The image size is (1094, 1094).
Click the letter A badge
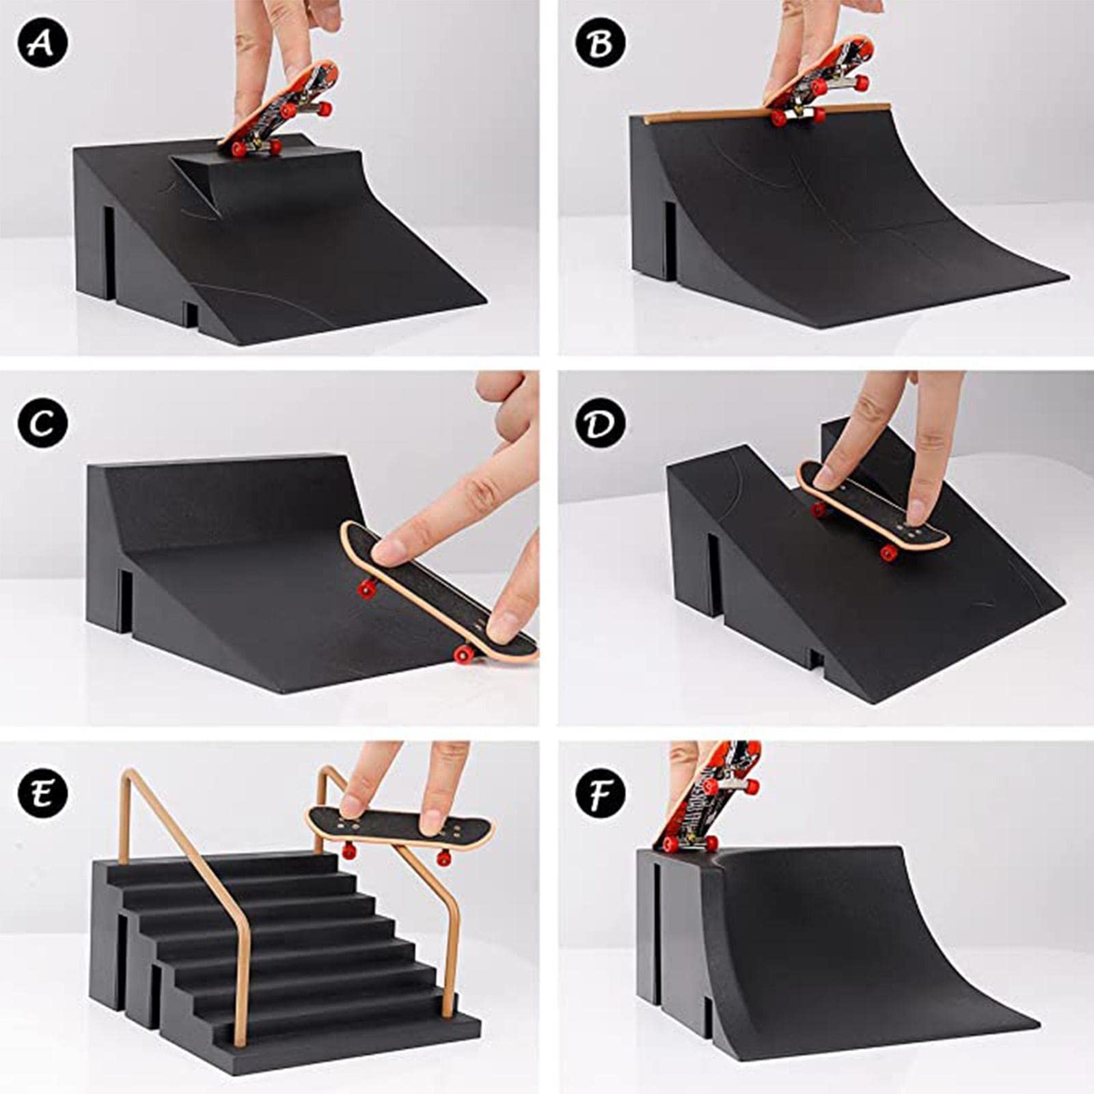(43, 42)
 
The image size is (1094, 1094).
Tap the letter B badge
(600, 42)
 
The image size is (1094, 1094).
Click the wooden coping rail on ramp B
(768, 113)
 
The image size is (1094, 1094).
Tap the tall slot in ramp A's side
(109, 253)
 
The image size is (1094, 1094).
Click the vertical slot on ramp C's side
(126, 601)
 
